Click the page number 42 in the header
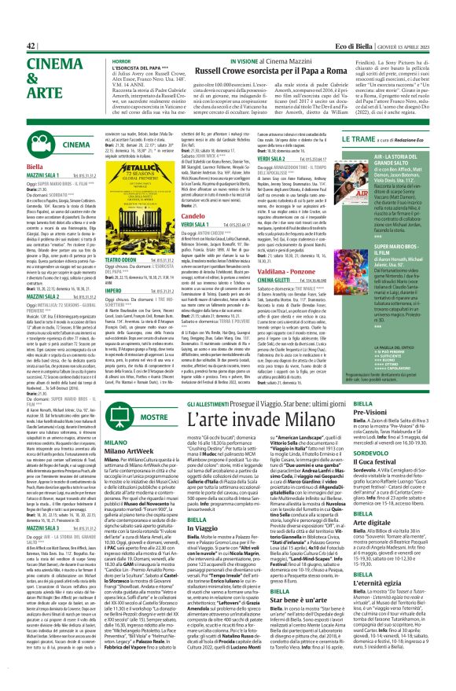pyautogui.click(x=10, y=5)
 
